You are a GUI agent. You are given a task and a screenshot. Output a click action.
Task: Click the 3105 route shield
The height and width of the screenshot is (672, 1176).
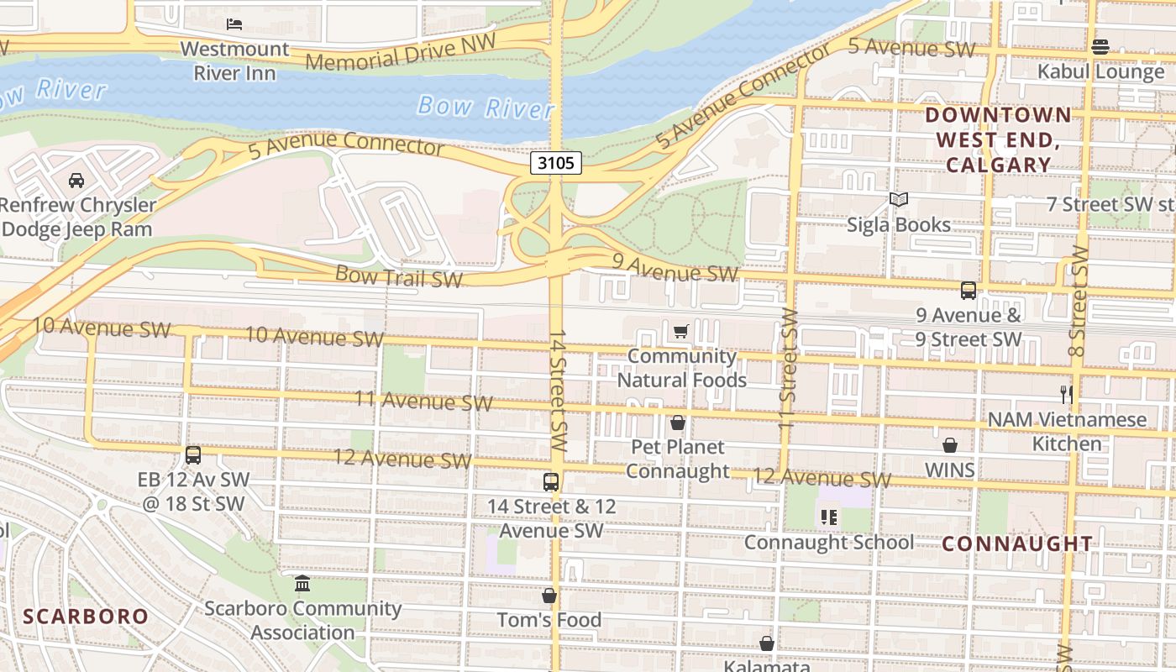[556, 163]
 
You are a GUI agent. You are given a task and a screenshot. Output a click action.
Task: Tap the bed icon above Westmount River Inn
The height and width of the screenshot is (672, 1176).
[234, 24]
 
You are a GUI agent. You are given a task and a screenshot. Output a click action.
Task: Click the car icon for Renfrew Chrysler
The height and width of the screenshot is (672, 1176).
[76, 181]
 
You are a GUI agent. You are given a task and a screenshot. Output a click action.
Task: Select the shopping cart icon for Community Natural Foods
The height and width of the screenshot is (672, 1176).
[681, 332]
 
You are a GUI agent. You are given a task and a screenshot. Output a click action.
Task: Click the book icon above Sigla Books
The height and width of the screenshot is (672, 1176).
[899, 200]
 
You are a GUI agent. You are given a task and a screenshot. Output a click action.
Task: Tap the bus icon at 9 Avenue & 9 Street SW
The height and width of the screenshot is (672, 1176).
[969, 291]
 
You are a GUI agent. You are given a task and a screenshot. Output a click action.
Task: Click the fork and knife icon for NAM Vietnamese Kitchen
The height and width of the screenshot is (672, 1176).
[1067, 394]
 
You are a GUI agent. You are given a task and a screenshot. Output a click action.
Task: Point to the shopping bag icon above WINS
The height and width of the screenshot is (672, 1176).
[950, 445]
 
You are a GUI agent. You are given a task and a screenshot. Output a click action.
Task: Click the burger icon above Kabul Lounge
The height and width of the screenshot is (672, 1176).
[1100, 47]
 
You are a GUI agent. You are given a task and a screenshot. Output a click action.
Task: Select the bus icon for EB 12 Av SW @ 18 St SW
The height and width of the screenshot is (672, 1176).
[193, 455]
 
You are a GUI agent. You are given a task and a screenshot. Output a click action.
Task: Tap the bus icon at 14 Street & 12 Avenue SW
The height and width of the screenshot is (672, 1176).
[551, 482]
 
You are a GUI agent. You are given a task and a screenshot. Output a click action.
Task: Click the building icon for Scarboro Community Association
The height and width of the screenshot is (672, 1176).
[302, 583]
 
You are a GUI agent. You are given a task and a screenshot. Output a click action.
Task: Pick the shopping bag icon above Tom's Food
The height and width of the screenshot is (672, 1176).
[549, 596]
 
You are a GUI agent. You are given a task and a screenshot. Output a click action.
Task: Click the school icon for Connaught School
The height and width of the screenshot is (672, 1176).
[829, 517]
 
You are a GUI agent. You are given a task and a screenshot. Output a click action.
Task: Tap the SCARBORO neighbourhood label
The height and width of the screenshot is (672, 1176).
[86, 617]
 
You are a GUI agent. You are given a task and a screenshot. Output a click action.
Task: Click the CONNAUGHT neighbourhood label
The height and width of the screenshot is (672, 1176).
[1016, 543]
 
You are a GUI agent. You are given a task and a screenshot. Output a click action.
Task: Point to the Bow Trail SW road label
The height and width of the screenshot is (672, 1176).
[399, 276]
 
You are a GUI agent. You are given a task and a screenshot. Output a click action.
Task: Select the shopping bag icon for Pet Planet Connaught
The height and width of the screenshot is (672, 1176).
[678, 423]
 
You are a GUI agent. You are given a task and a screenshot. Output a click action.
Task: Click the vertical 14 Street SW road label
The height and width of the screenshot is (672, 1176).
[559, 391]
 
